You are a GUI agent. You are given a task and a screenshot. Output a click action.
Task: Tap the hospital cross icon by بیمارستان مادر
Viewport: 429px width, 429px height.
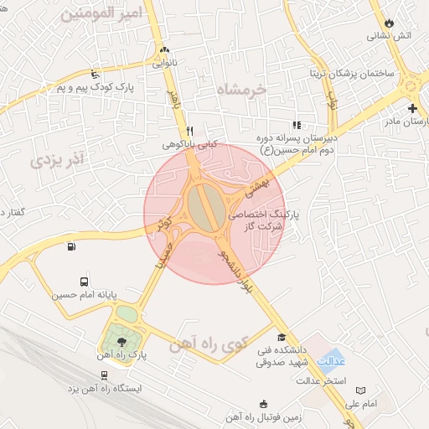[x=412, y=109]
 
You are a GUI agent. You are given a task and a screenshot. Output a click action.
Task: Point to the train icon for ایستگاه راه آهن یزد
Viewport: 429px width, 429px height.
[x=103, y=375]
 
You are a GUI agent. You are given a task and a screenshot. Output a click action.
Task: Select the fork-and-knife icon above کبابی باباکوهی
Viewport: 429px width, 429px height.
[x=190, y=131]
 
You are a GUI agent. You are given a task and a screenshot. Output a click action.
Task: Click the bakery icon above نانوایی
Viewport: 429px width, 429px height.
[x=163, y=49]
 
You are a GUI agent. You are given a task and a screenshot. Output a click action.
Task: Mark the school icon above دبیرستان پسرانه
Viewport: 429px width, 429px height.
[x=297, y=125]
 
